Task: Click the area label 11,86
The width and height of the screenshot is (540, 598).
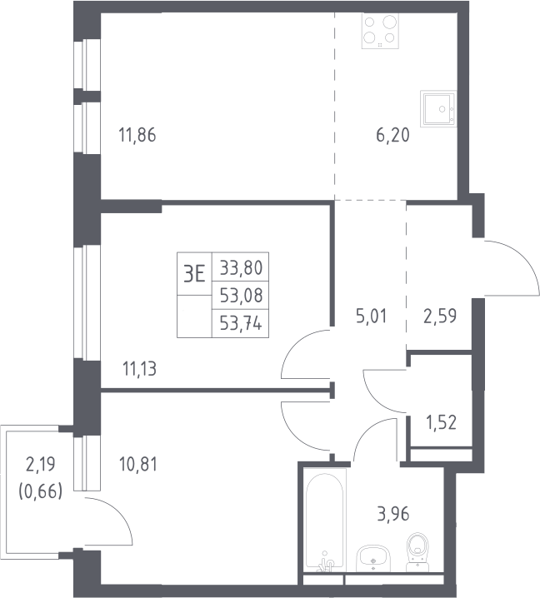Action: point(137,136)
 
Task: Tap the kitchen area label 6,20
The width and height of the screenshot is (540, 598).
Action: point(392,136)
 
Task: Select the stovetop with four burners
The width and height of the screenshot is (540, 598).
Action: point(380,31)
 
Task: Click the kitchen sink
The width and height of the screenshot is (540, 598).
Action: point(438,108)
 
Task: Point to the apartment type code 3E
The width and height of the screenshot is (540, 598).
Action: point(194,273)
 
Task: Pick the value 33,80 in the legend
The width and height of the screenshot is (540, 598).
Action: point(241,267)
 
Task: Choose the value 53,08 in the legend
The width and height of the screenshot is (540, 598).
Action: point(241,296)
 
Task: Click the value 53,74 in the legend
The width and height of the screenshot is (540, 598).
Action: point(241,324)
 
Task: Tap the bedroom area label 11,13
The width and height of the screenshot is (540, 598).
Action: point(139,369)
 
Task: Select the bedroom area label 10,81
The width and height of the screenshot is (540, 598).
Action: point(138,465)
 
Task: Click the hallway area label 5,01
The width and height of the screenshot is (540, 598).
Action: point(371,316)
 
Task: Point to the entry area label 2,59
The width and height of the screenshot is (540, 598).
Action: point(440,316)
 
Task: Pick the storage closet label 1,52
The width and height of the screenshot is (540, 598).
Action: point(441,422)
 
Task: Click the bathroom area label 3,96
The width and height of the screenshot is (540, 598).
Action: point(393,514)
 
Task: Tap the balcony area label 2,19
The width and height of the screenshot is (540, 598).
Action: point(41,465)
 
